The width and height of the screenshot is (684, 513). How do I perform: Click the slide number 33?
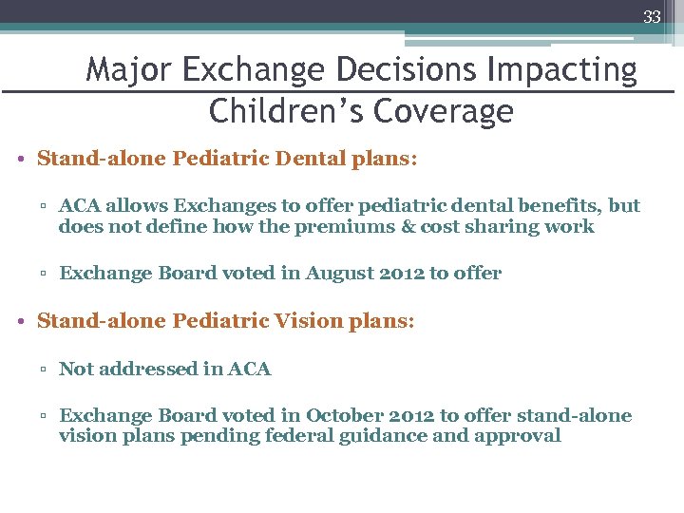(652, 16)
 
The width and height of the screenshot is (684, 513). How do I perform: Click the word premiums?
(360, 226)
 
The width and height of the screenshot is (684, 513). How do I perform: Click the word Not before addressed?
(75, 369)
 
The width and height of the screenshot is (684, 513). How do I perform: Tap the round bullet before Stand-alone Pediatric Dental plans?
(20, 159)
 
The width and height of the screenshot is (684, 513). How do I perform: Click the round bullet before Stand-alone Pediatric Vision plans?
(20, 321)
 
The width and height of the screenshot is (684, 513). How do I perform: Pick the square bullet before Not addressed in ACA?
(44, 370)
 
